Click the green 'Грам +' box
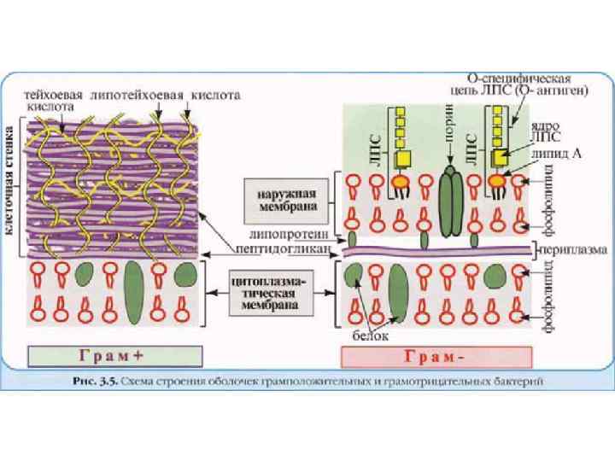click(x=114, y=354)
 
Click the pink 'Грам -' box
click(x=436, y=354)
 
